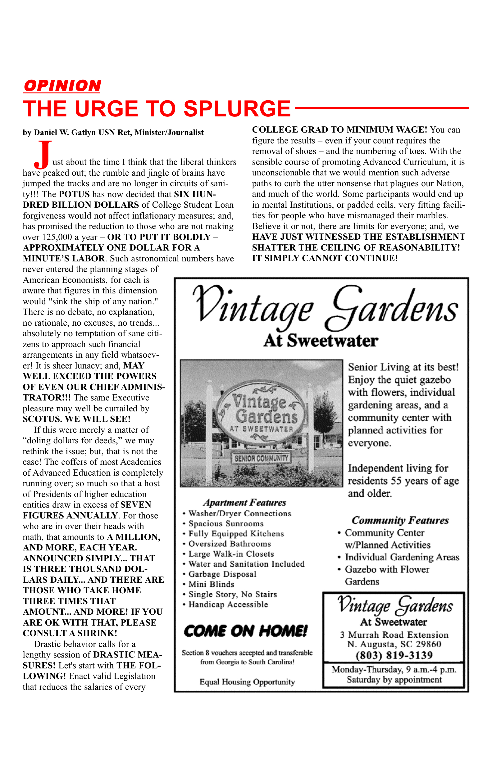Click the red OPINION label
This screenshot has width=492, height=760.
tap(62, 86)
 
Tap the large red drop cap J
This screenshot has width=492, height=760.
tap(43, 155)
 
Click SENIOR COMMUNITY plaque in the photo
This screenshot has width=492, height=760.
tap(261, 458)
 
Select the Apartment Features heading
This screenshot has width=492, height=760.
tap(245, 503)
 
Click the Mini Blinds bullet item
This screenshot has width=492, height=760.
tap(211, 584)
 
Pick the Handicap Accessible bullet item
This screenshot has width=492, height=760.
tap(228, 604)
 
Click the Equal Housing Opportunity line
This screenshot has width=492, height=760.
tap(247, 682)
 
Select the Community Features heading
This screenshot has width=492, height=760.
tap(400, 520)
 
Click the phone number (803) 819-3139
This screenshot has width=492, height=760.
tap(394, 655)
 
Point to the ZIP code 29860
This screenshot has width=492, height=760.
tap(426, 644)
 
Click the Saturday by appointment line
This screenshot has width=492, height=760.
tap(394, 680)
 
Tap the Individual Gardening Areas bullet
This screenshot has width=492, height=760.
tap(402, 557)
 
